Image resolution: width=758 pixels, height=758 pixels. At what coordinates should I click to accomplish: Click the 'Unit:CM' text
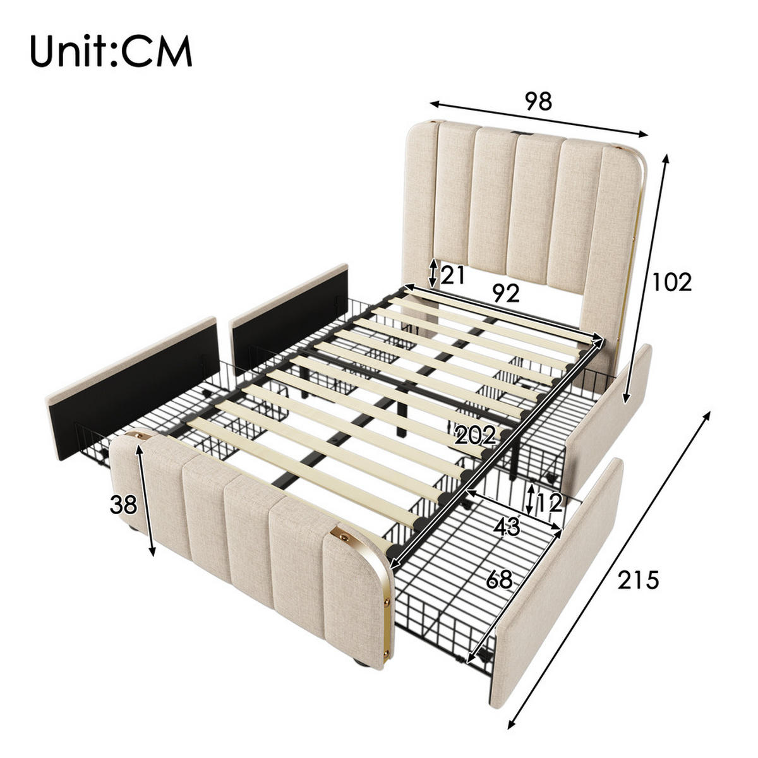(111, 52)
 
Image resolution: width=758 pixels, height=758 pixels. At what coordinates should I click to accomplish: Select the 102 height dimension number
(671, 282)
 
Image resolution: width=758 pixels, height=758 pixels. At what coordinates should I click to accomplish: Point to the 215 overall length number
(639, 579)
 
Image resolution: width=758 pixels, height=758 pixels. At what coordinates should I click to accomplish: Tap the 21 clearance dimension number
(453, 275)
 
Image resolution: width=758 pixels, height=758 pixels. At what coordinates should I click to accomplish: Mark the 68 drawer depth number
(499, 579)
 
